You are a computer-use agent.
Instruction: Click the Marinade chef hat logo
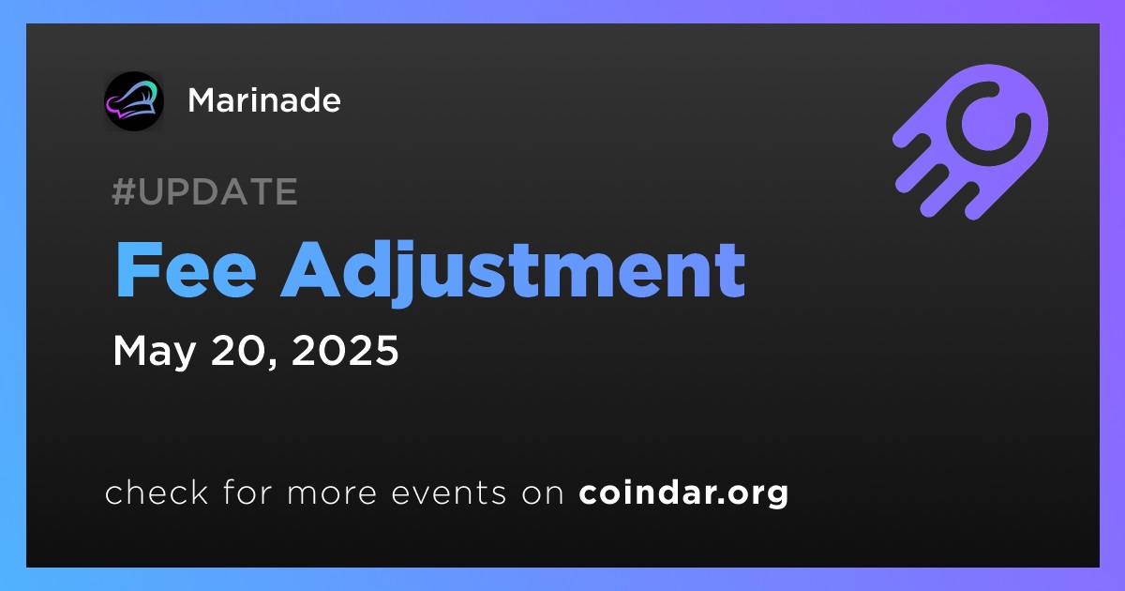134,101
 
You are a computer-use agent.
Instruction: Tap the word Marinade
264,100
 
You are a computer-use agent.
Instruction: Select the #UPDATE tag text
205,191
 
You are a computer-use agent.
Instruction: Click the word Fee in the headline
186,270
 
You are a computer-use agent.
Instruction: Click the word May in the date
154,351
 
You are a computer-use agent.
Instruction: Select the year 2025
345,350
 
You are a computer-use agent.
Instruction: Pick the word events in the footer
449,492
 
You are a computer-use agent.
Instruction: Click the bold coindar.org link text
683,492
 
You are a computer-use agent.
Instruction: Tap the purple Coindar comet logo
970,142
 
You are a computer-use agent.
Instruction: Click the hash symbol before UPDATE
124,191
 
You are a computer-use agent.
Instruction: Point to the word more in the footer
332,493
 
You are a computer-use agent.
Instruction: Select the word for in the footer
247,492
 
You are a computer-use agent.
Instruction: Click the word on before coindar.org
543,493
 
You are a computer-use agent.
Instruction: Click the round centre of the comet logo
988,123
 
